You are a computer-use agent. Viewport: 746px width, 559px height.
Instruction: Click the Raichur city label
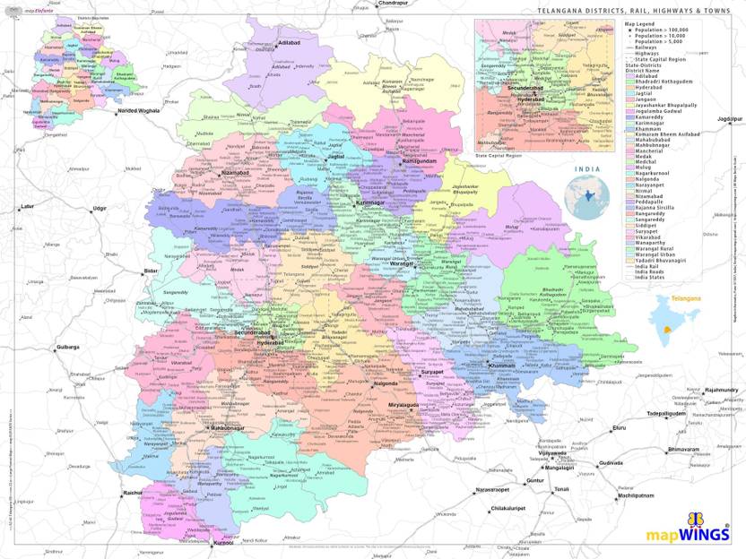(134, 493)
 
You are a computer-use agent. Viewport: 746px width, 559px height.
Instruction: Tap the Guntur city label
(535, 481)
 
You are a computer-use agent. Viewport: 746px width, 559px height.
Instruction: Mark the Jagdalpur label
(730, 118)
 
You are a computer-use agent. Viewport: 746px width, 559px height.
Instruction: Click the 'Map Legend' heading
(643, 23)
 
